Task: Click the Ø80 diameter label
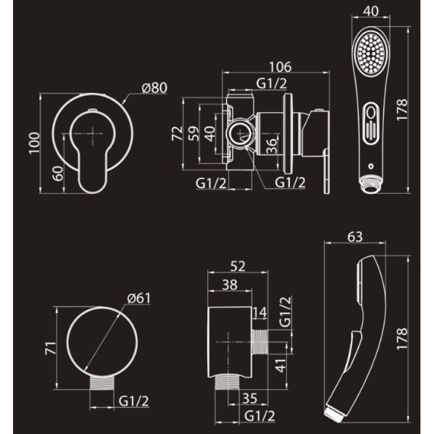pyautogui.click(x=155, y=88)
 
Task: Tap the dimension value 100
pyautogui.click(x=35, y=143)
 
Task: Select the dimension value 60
pyautogui.click(x=58, y=173)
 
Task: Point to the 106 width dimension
pyautogui.click(x=280, y=67)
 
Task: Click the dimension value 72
pyautogui.click(x=177, y=133)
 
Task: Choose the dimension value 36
pyautogui.click(x=271, y=146)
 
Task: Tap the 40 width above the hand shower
pyautogui.click(x=371, y=11)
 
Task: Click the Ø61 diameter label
pyautogui.click(x=139, y=298)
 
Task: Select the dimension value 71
pyautogui.click(x=50, y=348)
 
